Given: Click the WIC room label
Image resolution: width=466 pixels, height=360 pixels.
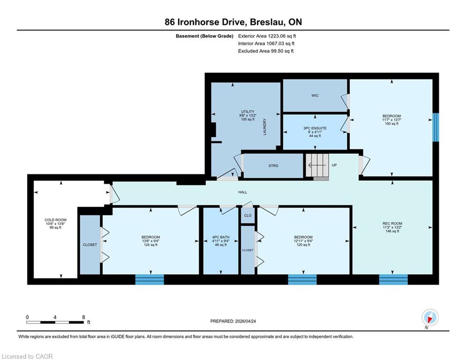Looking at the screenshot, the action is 315,96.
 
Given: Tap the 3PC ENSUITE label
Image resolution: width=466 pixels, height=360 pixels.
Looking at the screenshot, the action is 315,128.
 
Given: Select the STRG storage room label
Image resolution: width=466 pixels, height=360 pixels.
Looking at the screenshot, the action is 273,166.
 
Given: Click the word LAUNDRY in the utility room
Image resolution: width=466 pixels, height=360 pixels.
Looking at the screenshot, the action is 265,127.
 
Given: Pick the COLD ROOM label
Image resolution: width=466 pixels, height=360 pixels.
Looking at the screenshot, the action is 56,220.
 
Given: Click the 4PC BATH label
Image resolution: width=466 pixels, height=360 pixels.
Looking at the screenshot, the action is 221,237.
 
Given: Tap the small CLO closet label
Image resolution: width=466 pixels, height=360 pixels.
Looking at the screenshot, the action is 248,216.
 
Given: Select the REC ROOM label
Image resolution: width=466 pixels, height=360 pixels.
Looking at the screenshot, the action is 392,224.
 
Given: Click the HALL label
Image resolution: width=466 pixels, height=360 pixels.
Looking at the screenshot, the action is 243,192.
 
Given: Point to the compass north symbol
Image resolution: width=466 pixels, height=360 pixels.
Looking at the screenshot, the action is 430,318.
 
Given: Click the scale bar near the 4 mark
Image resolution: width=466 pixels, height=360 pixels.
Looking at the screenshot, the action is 55,322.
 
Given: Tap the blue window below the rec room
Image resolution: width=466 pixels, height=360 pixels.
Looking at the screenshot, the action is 393,279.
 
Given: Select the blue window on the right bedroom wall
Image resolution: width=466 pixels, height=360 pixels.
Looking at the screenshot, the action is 436,127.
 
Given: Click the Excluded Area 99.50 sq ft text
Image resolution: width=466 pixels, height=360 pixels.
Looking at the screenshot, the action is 266,51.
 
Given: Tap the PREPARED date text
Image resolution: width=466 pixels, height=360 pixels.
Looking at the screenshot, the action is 233,321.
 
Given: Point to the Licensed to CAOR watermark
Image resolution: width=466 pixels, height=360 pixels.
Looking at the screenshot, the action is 27,356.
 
